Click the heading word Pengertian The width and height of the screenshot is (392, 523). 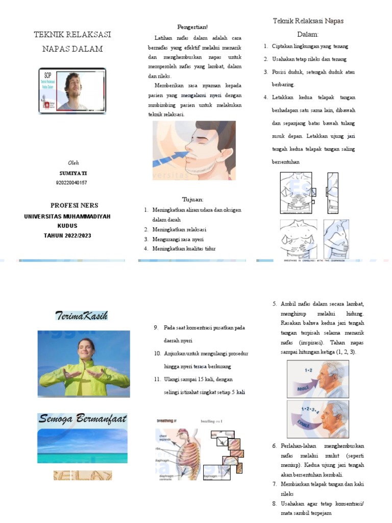[x=192, y=27]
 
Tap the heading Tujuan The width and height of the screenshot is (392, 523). [x=192, y=199]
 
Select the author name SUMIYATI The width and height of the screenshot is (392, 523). [x=73, y=173]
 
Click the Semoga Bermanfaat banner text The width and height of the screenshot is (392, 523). [x=82, y=419]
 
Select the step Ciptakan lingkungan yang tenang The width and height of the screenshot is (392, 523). [x=310, y=46]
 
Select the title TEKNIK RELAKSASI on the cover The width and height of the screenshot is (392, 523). [x=72, y=35]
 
